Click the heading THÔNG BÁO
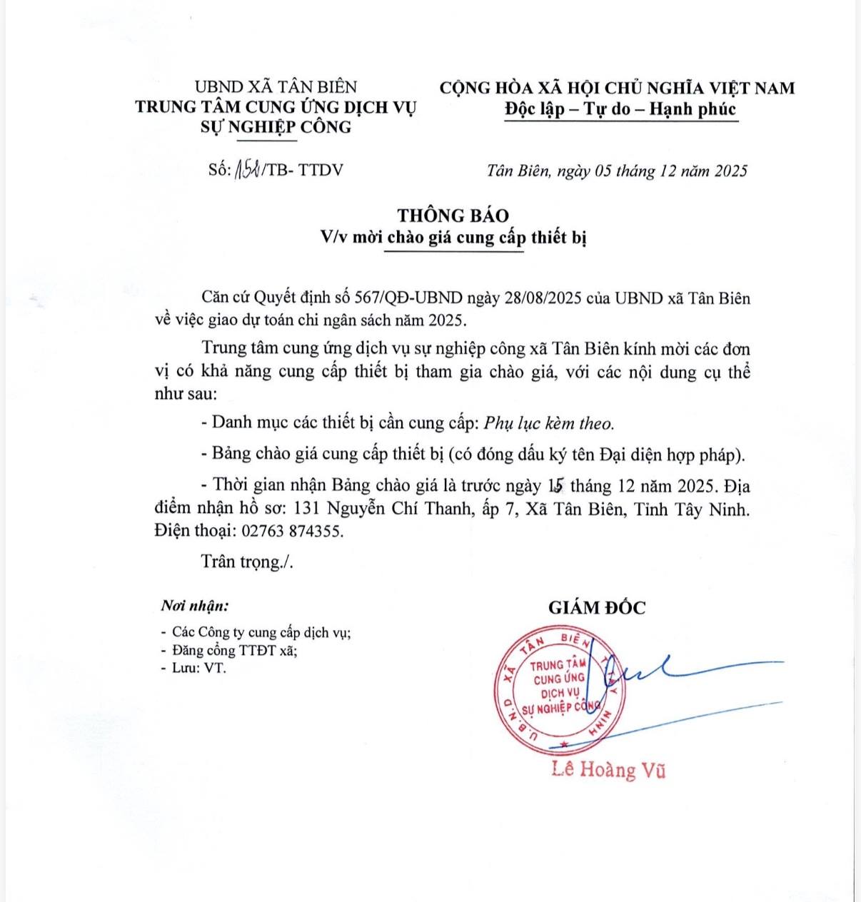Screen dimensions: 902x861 (453, 216)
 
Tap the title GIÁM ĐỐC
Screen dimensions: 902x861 (597, 608)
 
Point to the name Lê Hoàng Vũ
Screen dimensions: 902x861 (608, 769)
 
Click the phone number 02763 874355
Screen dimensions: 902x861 (293, 531)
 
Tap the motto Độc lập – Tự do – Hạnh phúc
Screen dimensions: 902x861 (620, 109)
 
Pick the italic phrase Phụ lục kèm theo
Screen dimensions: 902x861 (548, 423)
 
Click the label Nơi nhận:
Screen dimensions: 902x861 (195, 607)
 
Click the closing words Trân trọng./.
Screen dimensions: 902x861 (247, 562)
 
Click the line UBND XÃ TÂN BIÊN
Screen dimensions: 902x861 (276, 87)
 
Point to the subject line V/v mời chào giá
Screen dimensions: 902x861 (453, 237)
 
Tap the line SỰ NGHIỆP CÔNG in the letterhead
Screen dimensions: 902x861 (276, 127)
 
